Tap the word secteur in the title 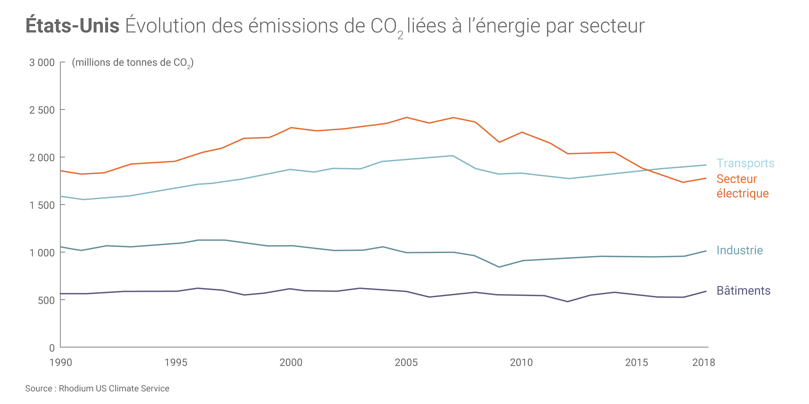tap(612, 26)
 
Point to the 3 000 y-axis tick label tap(42, 62)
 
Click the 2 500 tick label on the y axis tap(42, 110)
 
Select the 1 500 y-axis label tap(42, 205)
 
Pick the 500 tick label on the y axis tap(46, 301)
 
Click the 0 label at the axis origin tap(52, 348)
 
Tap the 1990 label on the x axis tap(61, 363)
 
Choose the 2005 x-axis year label tap(406, 363)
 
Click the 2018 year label tap(704, 363)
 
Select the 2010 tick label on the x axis tap(521, 363)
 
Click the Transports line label tap(745, 164)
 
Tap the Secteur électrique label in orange tap(742, 186)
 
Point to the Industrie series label tap(740, 250)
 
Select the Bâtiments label tap(743, 291)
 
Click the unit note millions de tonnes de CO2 tap(133, 63)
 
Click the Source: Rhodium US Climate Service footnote tap(97, 388)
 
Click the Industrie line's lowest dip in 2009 tap(499, 267)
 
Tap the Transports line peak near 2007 tap(452, 156)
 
